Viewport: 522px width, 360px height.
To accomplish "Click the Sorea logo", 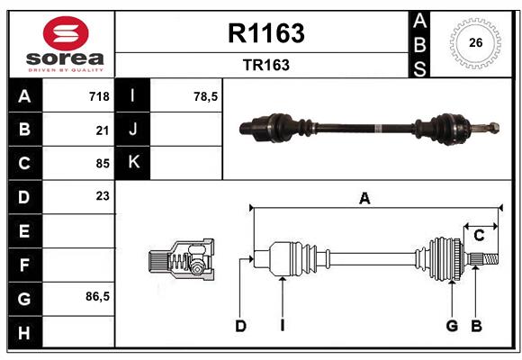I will pyautogui.click(x=61, y=43).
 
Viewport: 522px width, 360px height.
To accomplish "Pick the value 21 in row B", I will pyautogui.click(x=103, y=130).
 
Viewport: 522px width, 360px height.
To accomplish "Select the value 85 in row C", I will pyautogui.click(x=103, y=163).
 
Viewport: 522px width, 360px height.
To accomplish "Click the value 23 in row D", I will pyautogui.click(x=103, y=195).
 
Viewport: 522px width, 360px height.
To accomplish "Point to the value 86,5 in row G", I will pyautogui.click(x=97, y=296).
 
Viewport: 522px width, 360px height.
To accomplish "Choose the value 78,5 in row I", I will pyautogui.click(x=206, y=96).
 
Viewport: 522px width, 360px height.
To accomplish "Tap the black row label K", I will pyautogui.click(x=134, y=163).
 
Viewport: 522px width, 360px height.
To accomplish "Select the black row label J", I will pyautogui.click(x=134, y=130).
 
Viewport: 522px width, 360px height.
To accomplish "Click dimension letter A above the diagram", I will pyautogui.click(x=364, y=199).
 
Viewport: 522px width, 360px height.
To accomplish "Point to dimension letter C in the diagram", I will pyautogui.click(x=480, y=235).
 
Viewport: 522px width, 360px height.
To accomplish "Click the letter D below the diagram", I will pyautogui.click(x=240, y=326).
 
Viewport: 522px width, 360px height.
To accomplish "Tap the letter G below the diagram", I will pyautogui.click(x=452, y=326).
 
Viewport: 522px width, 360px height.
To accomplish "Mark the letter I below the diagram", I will pyautogui.click(x=282, y=326).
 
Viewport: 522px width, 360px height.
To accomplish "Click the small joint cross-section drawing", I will pyautogui.click(x=181, y=260).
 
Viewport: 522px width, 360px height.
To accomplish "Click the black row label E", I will pyautogui.click(x=24, y=231).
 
